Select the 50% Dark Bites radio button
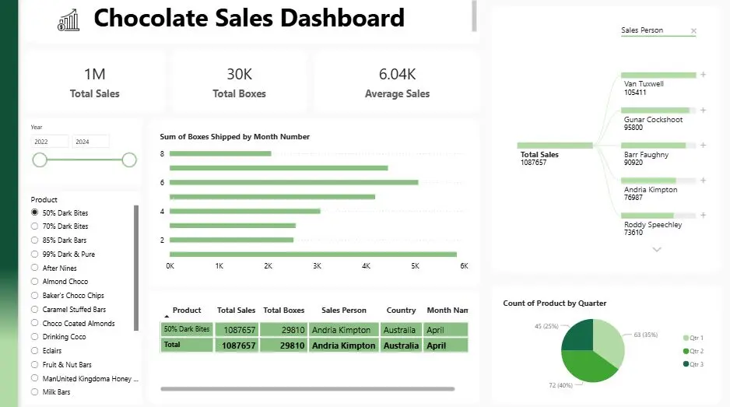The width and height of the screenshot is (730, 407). point(34,212)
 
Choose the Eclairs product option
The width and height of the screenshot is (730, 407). point(34,351)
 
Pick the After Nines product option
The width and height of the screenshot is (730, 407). point(34,268)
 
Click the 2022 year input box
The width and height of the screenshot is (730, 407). point(50,142)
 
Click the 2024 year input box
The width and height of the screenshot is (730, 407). point(90,142)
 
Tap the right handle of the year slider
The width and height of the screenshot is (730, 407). point(129,160)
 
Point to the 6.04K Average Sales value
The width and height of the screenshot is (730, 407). point(397,75)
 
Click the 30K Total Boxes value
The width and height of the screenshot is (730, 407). point(239,75)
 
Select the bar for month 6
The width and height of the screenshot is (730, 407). point(293,182)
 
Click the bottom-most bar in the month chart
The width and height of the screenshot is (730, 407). point(313,254)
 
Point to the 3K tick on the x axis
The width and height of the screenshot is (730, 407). point(317,266)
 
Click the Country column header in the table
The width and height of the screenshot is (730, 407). point(401,310)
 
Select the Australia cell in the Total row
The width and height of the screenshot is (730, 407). point(401,346)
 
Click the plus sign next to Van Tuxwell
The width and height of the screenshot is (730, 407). point(703,75)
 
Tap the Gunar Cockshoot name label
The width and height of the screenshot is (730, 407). point(653,120)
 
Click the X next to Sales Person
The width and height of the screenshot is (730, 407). point(693,31)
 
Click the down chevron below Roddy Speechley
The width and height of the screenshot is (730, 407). point(657,249)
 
